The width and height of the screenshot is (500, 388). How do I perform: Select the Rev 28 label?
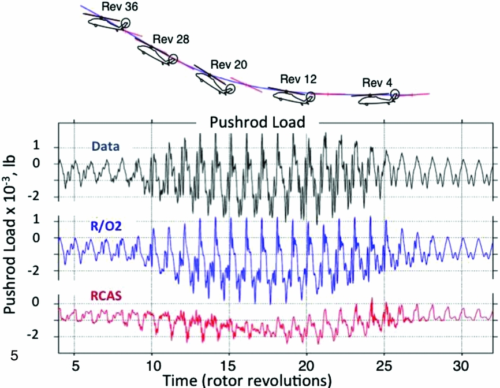click(x=171, y=40)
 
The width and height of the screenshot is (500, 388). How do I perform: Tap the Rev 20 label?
click(x=229, y=64)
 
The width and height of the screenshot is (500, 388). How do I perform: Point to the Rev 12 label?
click(x=298, y=79)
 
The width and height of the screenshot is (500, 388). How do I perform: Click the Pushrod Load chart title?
click(x=257, y=122)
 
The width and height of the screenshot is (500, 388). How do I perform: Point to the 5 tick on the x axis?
click(x=74, y=365)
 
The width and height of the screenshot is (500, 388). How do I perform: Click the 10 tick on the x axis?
click(x=152, y=365)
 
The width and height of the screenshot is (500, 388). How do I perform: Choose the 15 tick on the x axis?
click(x=229, y=365)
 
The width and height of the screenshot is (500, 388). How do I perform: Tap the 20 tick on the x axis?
click(x=307, y=365)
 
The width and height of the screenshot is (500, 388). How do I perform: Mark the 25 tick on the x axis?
click(x=384, y=365)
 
